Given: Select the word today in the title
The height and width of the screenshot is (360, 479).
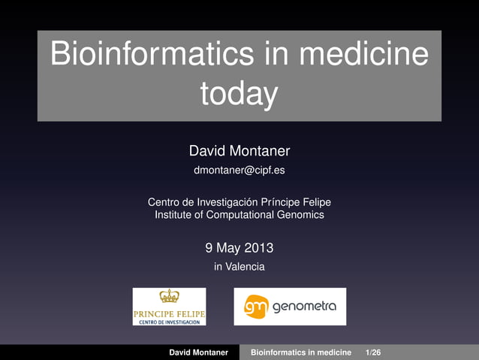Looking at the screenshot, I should [x=239, y=95].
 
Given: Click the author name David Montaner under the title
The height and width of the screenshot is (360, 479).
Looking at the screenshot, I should [x=239, y=153].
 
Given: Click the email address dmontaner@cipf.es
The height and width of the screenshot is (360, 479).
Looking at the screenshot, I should [x=239, y=171].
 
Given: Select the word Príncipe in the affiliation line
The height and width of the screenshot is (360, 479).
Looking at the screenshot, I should [x=282, y=202].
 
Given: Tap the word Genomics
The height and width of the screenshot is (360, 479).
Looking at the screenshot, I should [x=299, y=215].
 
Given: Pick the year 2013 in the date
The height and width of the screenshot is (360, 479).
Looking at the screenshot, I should [x=258, y=247].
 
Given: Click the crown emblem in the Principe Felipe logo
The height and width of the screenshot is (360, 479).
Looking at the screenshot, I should [x=169, y=297].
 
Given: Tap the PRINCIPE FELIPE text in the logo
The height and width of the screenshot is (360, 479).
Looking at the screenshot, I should [x=169, y=313].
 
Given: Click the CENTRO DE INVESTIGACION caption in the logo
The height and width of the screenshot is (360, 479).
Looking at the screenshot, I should [x=169, y=322].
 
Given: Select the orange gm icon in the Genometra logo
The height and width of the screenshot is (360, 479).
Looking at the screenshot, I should [x=255, y=307].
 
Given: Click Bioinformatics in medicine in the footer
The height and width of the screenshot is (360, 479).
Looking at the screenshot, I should [x=300, y=352].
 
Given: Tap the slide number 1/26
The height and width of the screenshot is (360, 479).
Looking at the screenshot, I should [x=372, y=352].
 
